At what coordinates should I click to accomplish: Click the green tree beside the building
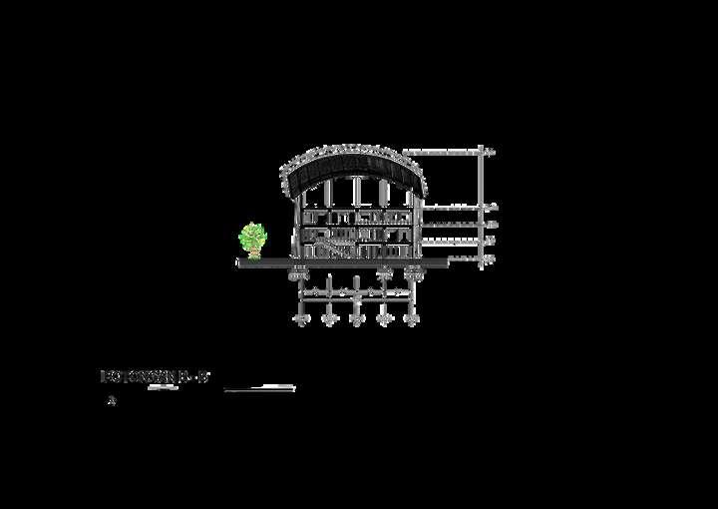[253, 238]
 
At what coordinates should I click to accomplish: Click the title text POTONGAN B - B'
[155, 376]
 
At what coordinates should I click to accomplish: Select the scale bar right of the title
[259, 388]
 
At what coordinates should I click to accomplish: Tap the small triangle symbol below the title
[112, 401]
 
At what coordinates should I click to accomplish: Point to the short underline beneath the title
[163, 387]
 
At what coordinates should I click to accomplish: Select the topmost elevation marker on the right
[490, 152]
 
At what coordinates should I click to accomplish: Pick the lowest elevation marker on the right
[490, 259]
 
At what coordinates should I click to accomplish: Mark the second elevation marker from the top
[490, 208]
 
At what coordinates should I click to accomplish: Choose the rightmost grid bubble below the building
[411, 319]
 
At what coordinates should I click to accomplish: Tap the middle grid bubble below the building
[356, 319]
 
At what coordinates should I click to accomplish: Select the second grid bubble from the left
[328, 319]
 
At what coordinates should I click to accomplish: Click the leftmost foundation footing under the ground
[299, 271]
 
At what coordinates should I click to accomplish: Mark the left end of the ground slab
[239, 263]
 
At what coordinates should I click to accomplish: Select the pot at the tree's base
[253, 255]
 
